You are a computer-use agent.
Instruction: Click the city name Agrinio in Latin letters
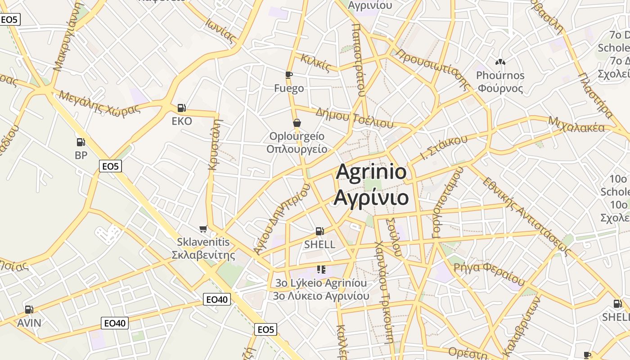tap(371, 172)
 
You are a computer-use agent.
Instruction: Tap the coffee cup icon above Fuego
tap(289, 75)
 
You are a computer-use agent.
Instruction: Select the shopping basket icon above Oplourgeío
tap(297, 123)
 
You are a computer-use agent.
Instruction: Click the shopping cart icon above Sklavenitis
tap(203, 229)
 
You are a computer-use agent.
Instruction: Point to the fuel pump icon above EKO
tap(182, 108)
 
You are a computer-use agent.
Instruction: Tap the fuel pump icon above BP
tap(81, 142)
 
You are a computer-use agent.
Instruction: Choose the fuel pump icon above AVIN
tap(29, 310)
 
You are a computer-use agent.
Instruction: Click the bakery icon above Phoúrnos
tap(500, 62)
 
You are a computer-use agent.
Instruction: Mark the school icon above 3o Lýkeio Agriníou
tap(321, 270)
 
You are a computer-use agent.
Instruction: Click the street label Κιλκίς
tap(315, 63)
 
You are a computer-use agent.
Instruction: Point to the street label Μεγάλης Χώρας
tap(99, 103)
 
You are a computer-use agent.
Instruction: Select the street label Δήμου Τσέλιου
tap(354, 117)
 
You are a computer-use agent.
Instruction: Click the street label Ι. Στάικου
tap(444, 148)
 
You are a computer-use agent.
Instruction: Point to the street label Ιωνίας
tap(221, 30)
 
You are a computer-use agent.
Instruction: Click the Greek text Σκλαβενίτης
tap(203, 256)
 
